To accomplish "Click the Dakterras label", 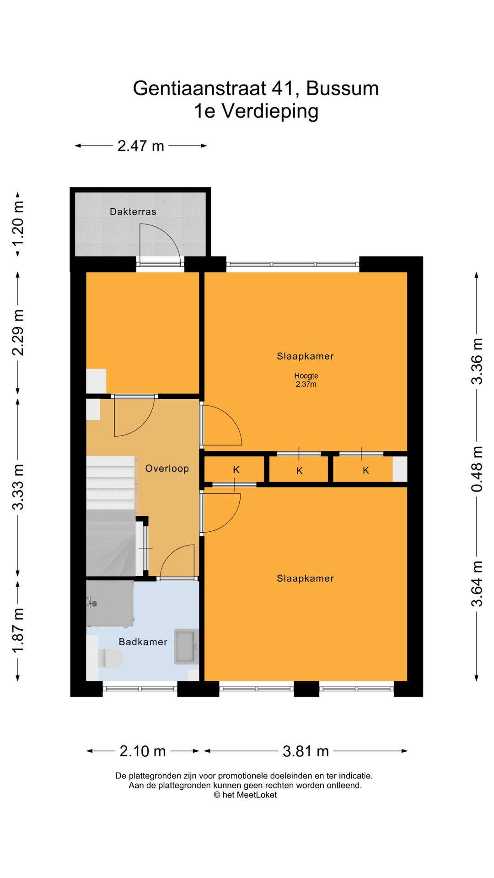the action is [133, 211].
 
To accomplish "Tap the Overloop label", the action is [167, 468].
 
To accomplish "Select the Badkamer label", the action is [143, 642].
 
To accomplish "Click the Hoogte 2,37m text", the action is [306, 380].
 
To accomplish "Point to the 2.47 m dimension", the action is [141, 146].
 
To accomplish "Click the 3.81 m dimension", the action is [306, 751].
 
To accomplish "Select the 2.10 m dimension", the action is [143, 751].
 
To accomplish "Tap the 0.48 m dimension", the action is [477, 469].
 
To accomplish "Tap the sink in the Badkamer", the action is [186, 647].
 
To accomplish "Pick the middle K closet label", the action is [300, 471].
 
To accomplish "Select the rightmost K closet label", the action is [366, 470].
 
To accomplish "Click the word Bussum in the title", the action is [342, 88].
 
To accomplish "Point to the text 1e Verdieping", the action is [256, 111].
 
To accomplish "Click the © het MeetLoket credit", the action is [245, 795].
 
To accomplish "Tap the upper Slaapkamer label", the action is [305, 356].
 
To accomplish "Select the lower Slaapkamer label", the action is [305, 578].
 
